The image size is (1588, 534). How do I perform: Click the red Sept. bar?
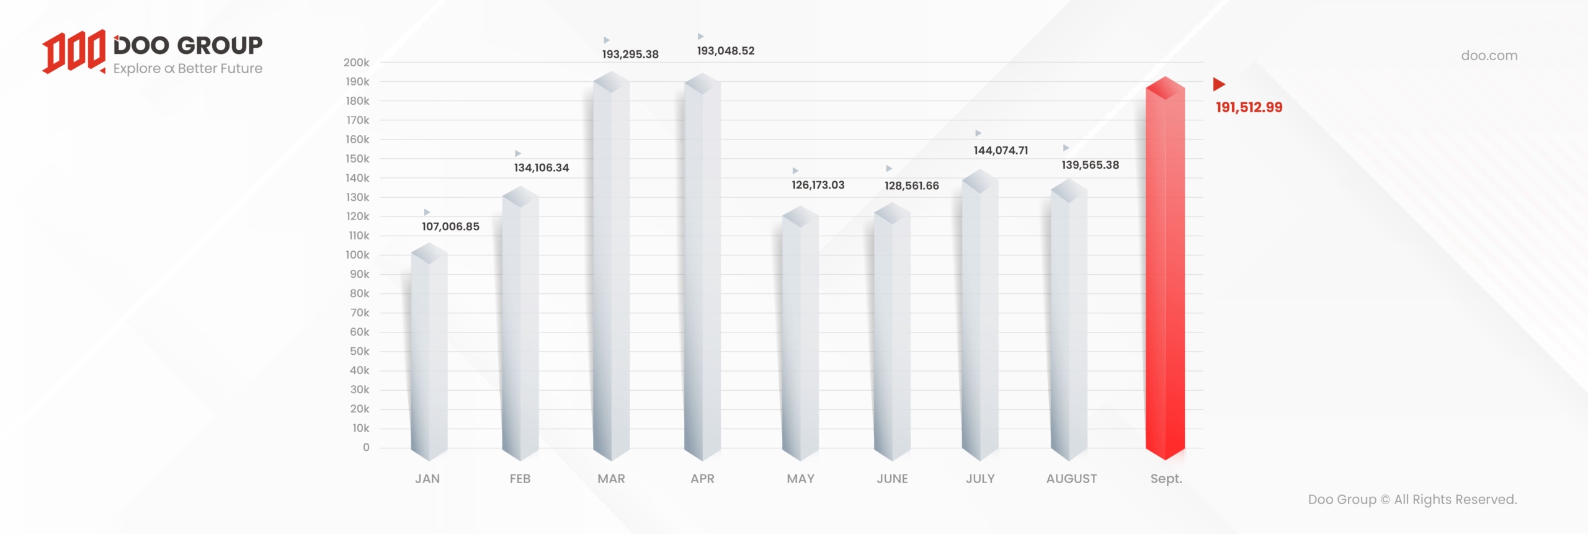tap(1165, 273)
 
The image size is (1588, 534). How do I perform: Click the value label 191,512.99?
tap(1249, 107)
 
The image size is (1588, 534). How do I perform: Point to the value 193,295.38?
tap(630, 55)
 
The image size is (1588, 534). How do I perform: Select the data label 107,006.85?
tap(450, 227)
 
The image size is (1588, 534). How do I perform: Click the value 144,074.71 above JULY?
tap(1001, 151)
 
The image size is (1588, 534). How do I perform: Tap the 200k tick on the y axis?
tap(357, 63)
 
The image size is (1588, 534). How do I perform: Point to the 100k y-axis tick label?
tap(357, 255)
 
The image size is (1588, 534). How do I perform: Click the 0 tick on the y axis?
tap(366, 448)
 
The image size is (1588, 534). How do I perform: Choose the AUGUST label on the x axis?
tap(1071, 479)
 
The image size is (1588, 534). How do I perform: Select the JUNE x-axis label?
tap(892, 479)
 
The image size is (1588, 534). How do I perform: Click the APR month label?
tap(702, 479)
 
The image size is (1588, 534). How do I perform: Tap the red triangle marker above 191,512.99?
tap(1219, 84)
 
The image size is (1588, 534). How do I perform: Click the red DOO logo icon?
tap(74, 51)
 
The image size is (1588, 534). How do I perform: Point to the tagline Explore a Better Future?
tap(187, 69)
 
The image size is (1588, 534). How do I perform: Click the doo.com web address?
tap(1489, 56)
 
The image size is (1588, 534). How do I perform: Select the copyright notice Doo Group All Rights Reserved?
tap(1412, 500)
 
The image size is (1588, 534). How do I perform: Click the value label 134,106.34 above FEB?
tap(541, 168)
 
